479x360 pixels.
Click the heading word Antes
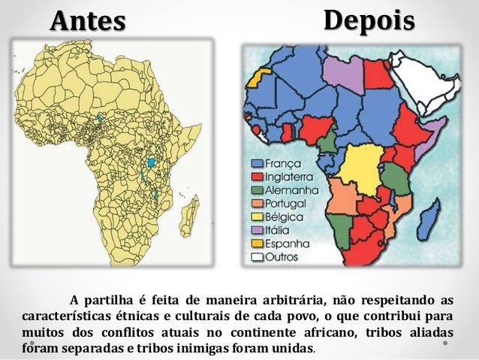click(88, 22)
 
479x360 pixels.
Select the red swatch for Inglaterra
click(258, 177)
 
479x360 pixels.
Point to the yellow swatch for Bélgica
click(258, 216)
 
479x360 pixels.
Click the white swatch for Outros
click(258, 256)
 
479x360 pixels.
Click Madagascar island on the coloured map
click(430, 220)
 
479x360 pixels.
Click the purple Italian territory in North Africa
click(342, 73)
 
